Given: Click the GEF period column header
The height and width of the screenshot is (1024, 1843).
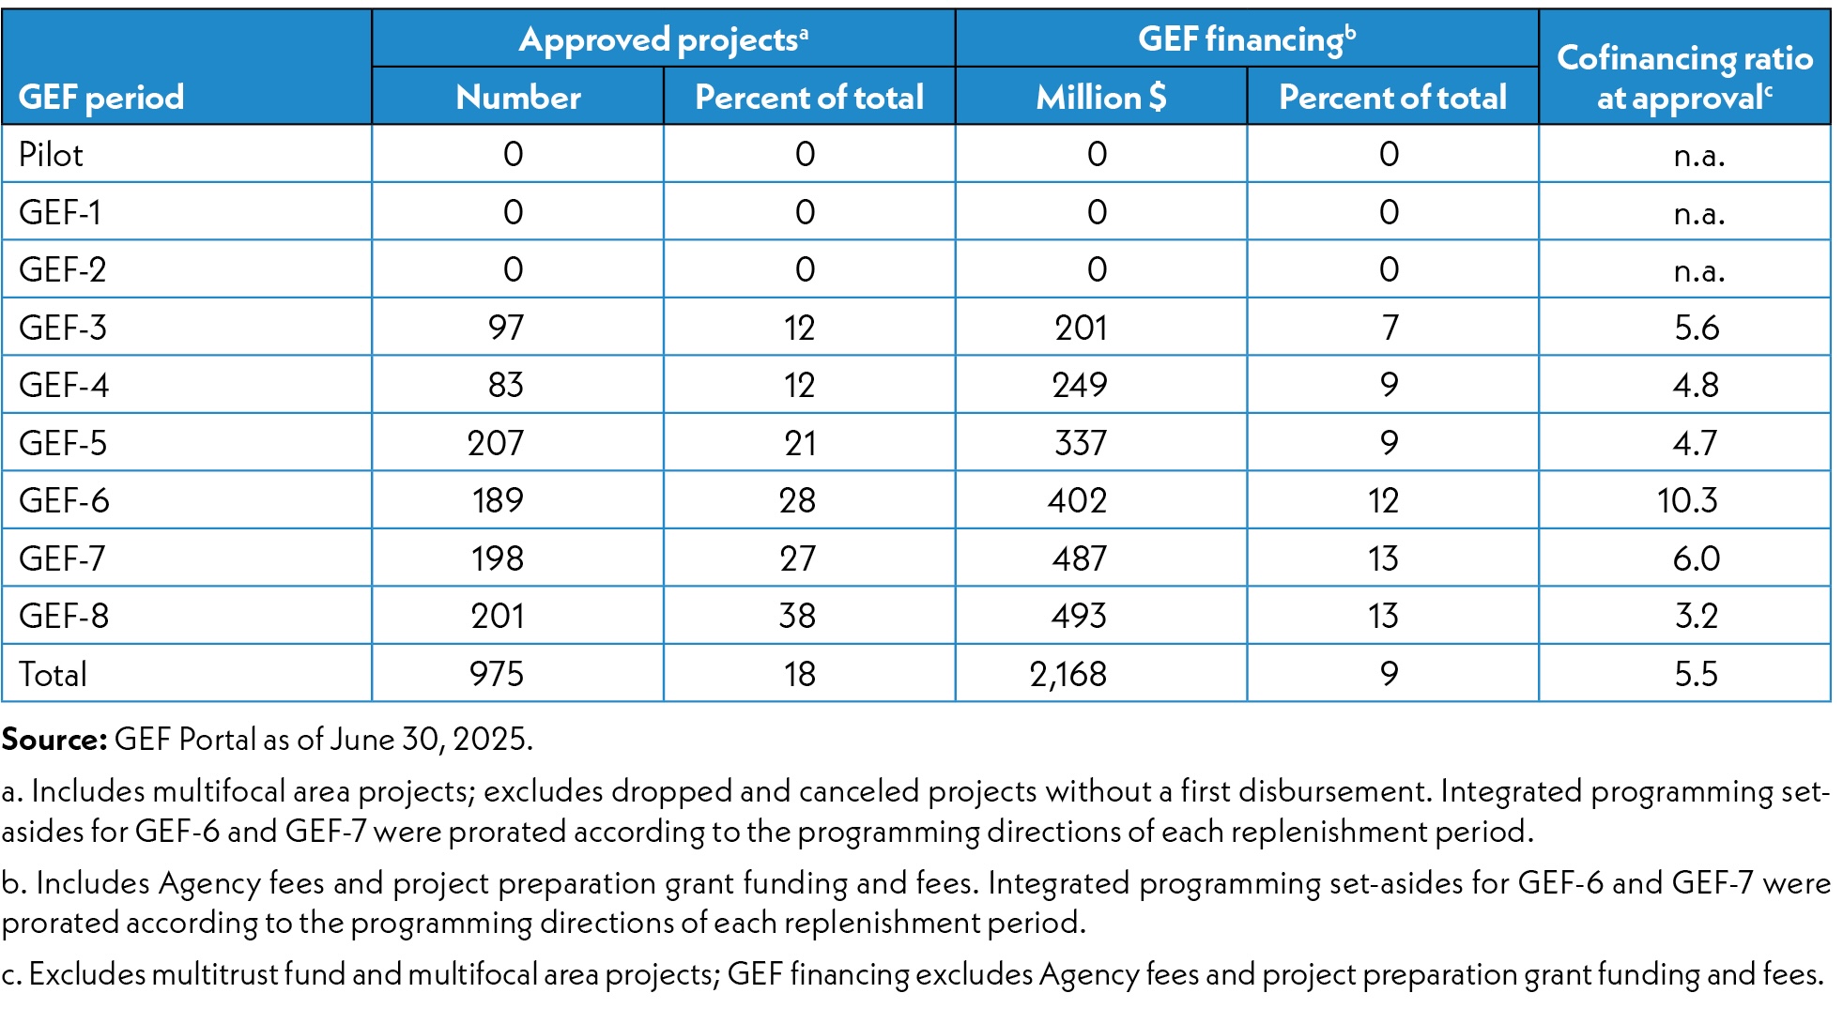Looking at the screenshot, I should (101, 97).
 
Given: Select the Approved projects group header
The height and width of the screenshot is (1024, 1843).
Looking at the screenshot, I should (663, 39).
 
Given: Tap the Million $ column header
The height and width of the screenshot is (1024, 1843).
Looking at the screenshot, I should (1100, 97).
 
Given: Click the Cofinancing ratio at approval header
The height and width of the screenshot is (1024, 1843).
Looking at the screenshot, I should (1684, 77).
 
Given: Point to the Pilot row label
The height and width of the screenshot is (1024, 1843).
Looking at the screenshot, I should (52, 155).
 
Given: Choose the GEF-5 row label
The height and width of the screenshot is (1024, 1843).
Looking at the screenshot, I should (63, 443).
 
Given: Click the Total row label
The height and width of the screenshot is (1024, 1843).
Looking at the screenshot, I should (53, 674).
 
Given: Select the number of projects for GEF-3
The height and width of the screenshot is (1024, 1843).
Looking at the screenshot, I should (505, 328).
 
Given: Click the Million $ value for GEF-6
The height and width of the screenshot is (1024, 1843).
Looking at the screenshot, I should (1078, 500).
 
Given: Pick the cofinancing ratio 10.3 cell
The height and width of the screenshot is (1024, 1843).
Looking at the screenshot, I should (1687, 500).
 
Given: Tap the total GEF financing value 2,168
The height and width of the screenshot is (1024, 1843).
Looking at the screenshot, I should (1068, 674).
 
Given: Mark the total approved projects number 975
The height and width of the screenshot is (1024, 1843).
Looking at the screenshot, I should (497, 674).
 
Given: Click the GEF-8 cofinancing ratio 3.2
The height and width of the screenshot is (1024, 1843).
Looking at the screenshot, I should (1696, 616).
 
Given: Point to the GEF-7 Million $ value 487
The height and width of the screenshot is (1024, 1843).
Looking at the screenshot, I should (1080, 558).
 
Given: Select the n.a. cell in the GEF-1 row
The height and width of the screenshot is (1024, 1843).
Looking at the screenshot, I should (1699, 213).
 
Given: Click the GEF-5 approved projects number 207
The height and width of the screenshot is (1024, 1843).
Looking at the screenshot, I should (496, 443).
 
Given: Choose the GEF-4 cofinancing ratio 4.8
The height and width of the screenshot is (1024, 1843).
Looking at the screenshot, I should (1696, 385).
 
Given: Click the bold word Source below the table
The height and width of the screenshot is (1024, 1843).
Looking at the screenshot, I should (54, 740).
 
